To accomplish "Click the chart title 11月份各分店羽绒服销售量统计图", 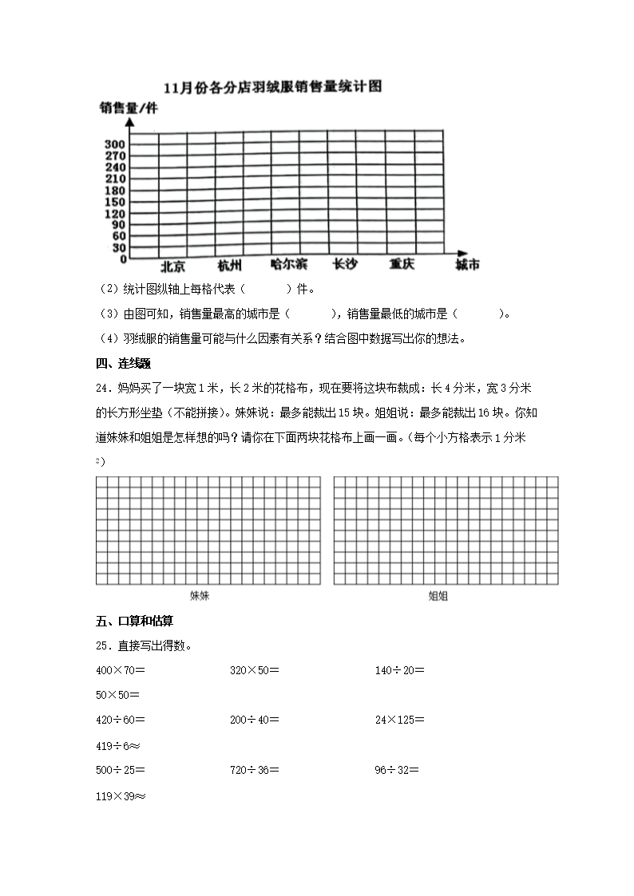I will (271, 86).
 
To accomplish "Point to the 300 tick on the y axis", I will (115, 144).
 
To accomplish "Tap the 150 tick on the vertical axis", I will (115, 202).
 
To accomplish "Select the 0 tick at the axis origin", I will (122, 259).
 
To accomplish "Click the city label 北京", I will (172, 266).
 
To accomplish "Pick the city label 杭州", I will (229, 266).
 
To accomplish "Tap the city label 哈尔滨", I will (288, 264).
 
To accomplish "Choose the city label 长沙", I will (345, 264).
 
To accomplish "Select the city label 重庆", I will (402, 264).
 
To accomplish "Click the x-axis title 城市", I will (467, 265).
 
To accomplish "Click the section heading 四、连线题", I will (123, 364).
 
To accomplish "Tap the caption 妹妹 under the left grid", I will (200, 595).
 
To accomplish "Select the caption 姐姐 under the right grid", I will (438, 595).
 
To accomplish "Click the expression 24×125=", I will (400, 720).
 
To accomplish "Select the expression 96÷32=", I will (397, 770).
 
